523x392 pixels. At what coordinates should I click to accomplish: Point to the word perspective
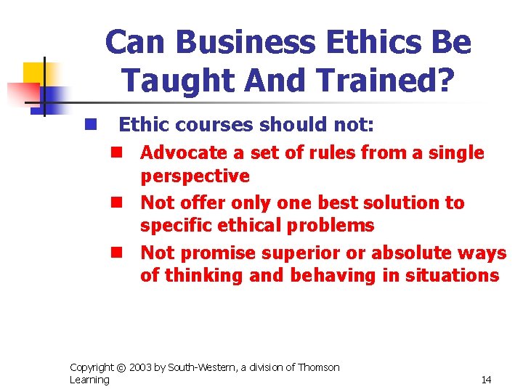pos(195,176)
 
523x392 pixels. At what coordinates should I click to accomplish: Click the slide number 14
pos(486,380)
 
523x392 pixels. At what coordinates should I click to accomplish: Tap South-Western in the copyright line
pos(201,367)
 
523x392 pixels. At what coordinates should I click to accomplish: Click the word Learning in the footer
pos(89,380)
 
